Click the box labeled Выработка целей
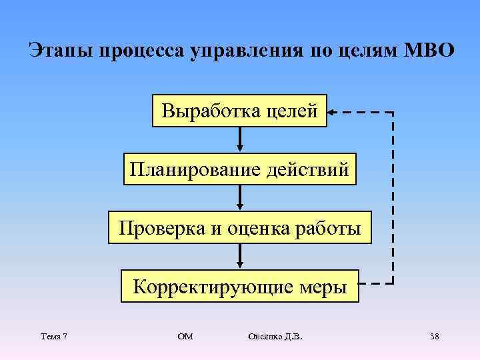[239, 110]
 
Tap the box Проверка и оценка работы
[240, 228]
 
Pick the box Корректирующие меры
[240, 286]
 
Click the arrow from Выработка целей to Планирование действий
[240, 139]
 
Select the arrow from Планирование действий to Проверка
[240, 198]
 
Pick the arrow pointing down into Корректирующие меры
[240, 257]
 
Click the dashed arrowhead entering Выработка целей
[333, 112]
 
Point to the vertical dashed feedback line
[393, 200]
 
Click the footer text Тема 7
[53, 336]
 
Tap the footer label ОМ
[185, 336]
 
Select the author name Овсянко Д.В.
[275, 336]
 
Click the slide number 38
[434, 336]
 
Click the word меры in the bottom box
[324, 287]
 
